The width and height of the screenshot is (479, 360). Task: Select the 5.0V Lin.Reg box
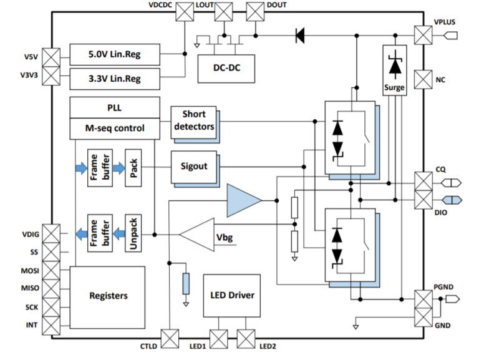click(114, 54)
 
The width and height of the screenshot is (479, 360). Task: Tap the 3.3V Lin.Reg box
click(114, 79)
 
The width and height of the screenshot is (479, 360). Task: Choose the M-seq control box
click(114, 128)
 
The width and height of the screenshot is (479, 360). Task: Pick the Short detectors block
click(194, 120)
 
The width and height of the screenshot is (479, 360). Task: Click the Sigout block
click(194, 167)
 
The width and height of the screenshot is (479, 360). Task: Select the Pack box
click(134, 167)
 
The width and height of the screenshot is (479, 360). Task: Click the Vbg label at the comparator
click(224, 237)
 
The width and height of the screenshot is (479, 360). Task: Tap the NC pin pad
click(423, 80)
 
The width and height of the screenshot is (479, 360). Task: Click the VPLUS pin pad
click(423, 35)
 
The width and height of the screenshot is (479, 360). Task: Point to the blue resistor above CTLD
click(186, 283)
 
